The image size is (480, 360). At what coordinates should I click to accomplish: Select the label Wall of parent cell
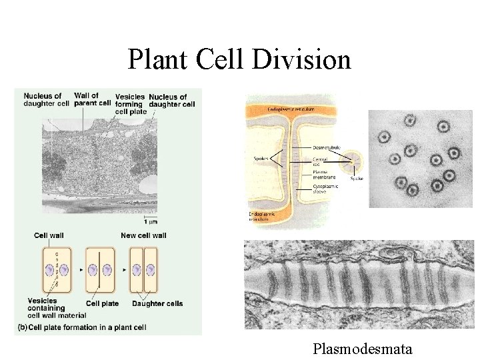pos(92,99)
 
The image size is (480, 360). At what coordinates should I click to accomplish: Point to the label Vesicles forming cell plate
pos(129,103)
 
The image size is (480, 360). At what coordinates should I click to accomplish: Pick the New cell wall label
pos(143,235)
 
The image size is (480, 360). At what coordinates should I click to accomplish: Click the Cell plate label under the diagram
pos(102,303)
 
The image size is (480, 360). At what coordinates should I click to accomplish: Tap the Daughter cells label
pos(157,303)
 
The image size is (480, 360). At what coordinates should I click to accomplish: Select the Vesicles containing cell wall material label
pos(47,307)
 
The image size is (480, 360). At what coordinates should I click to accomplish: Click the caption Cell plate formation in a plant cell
pos(84,327)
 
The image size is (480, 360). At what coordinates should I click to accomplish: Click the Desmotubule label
pos(326,147)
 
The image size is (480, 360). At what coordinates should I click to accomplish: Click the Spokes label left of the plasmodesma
pos(261,158)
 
